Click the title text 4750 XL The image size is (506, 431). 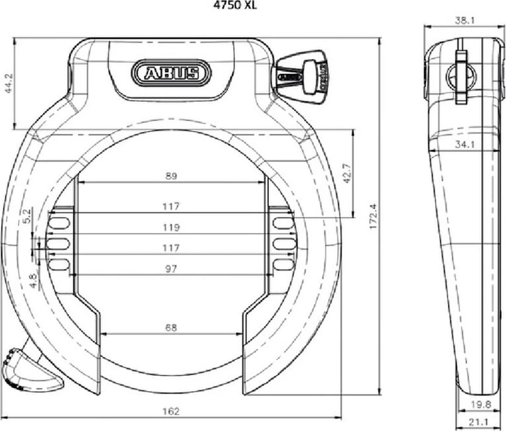[x=239, y=6]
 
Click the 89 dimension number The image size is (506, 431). [x=171, y=176]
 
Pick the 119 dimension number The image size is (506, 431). [x=171, y=228]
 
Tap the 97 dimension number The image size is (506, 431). [x=171, y=268]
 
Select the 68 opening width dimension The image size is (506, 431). [x=171, y=327]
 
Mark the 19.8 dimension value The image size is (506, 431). [x=481, y=404]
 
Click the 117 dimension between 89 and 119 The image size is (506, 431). [x=171, y=207]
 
